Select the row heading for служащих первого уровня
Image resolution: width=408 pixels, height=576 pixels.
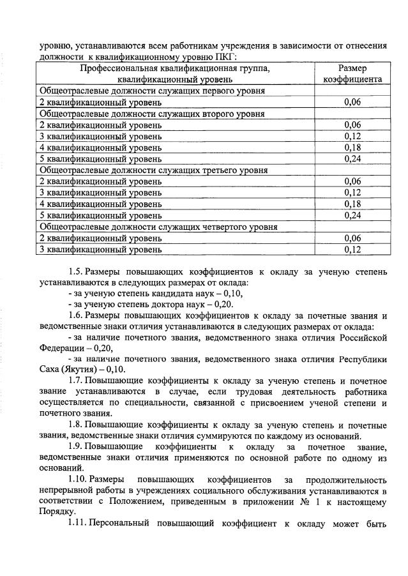click(x=153, y=91)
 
